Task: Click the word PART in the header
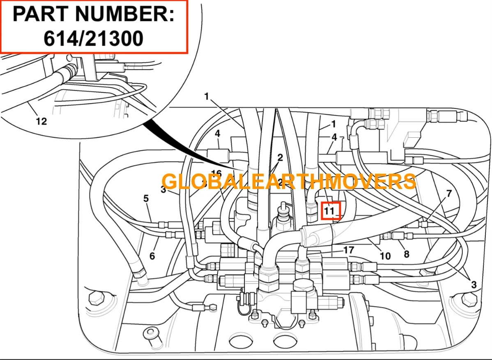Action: [37, 14]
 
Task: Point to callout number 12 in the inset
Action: [41, 121]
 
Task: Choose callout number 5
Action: [146, 198]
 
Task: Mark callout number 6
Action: [152, 256]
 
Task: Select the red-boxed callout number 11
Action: [330, 211]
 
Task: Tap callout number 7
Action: [448, 193]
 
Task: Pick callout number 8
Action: [406, 254]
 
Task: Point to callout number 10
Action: [385, 256]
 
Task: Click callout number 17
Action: [348, 249]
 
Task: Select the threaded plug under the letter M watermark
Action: [281, 214]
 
